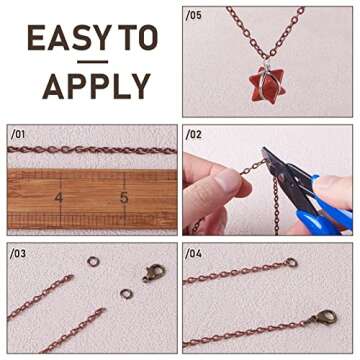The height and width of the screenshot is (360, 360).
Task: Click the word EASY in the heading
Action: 66,38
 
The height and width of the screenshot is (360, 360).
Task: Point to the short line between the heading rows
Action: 92,63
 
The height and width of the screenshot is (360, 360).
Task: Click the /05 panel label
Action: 194,15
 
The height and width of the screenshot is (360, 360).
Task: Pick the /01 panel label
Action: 17,133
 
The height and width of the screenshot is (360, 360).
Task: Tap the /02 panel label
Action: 194,133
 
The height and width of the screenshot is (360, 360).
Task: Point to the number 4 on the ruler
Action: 59,197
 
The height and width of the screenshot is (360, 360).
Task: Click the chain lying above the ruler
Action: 90,151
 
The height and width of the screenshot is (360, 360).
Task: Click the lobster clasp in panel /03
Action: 153,272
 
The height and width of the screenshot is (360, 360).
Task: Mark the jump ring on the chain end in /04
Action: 291,263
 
